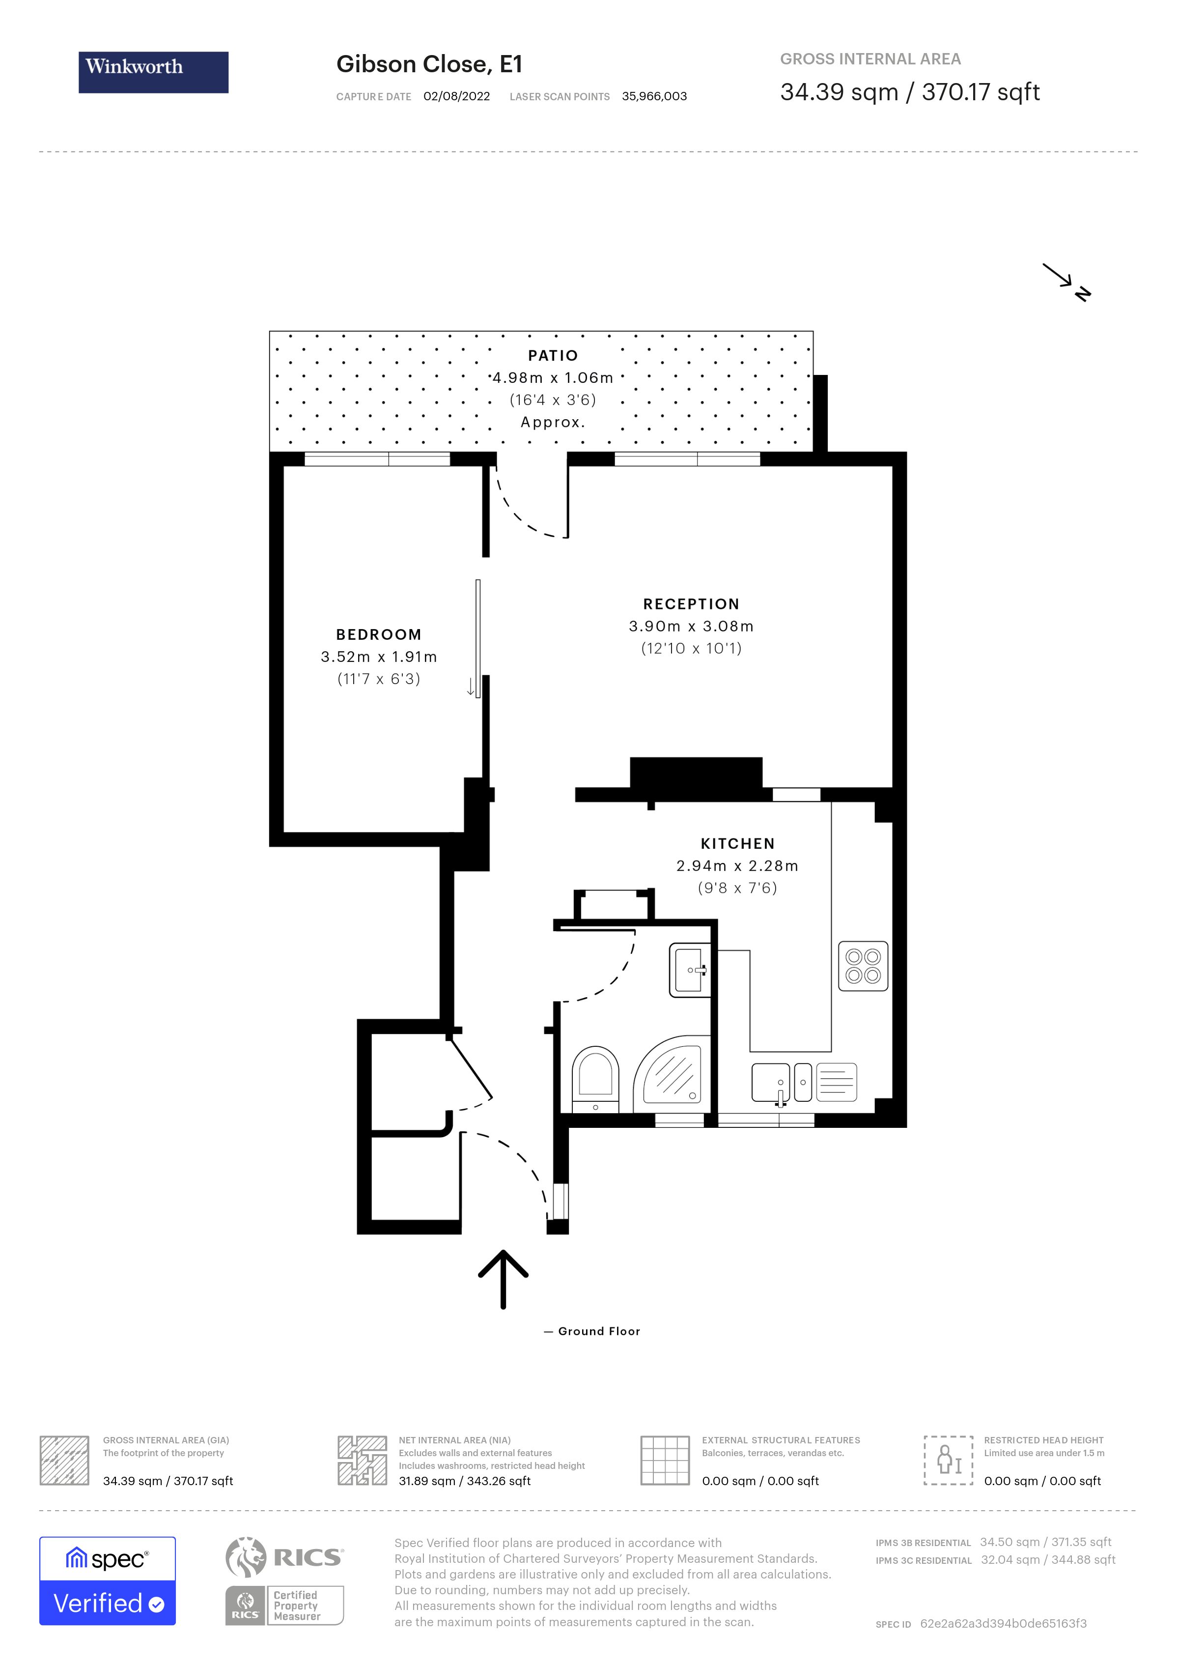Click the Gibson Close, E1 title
click(x=429, y=64)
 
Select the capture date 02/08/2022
click(x=456, y=96)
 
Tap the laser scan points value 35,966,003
click(x=654, y=96)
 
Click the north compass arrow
click(x=1065, y=282)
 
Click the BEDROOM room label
click(x=378, y=634)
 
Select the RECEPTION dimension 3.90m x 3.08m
click(x=691, y=626)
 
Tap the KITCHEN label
click(x=737, y=843)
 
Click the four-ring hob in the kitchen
click(x=863, y=966)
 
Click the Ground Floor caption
click(x=599, y=1331)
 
